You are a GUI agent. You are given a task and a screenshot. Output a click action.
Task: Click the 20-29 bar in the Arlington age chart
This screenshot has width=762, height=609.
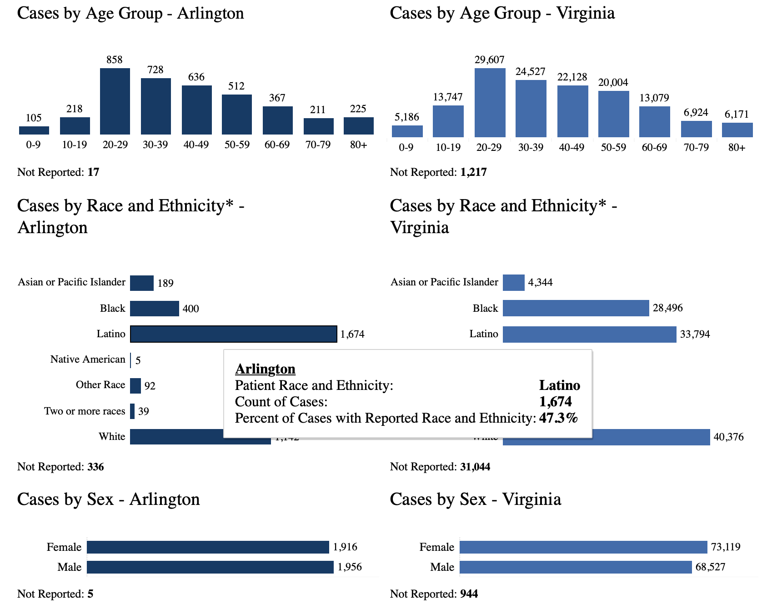click(115, 101)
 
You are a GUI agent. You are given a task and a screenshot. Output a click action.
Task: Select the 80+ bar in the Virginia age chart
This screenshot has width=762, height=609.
click(737, 130)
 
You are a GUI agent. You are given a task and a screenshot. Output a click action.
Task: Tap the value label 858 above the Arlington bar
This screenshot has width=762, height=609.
click(115, 60)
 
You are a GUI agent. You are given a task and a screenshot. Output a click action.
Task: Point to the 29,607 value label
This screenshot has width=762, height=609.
click(489, 60)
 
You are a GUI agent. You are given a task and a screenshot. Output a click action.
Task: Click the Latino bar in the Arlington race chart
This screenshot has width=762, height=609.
click(233, 334)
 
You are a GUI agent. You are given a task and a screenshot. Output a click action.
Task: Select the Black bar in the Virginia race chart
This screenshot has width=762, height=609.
click(576, 308)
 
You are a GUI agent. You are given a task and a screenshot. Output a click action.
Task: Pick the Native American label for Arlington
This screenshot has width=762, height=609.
click(88, 359)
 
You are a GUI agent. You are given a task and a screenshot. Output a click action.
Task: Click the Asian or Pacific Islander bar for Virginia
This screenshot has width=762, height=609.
click(513, 282)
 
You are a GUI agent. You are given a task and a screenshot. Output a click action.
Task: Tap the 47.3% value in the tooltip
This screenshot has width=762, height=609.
click(558, 418)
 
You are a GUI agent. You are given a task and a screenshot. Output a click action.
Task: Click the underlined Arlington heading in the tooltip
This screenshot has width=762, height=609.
click(265, 369)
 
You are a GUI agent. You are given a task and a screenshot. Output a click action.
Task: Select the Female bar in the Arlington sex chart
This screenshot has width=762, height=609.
click(208, 547)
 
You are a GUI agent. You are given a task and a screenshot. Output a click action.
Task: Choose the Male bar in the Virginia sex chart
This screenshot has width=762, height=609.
click(576, 567)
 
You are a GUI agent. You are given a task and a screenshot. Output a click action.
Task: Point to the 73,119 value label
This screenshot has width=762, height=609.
click(726, 547)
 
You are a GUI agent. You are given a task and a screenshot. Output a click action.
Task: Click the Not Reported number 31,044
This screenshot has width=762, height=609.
click(475, 467)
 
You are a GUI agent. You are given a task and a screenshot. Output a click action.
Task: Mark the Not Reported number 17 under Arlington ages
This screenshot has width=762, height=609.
click(93, 172)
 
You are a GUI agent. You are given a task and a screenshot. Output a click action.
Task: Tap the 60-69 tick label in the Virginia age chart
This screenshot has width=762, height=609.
click(654, 147)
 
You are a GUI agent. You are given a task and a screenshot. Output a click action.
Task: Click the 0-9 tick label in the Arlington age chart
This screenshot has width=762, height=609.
click(33, 145)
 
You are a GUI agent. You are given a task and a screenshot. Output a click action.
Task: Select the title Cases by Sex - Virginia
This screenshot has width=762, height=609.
click(475, 499)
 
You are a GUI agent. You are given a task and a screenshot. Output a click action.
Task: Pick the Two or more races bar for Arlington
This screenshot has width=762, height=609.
click(132, 411)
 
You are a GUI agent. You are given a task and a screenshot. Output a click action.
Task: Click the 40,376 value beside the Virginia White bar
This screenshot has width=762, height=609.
click(728, 437)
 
